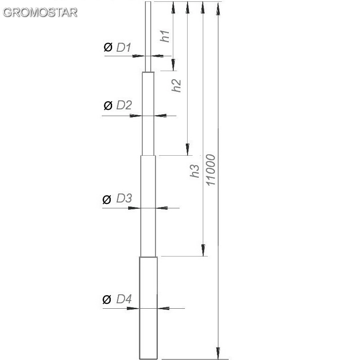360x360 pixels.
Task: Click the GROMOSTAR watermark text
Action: click(40, 13)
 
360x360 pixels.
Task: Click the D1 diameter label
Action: click(124, 47)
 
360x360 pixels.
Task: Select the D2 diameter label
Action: click(124, 105)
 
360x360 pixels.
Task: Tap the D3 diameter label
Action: click(124, 198)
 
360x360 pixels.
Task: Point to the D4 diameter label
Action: click(124, 299)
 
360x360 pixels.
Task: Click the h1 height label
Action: click(165, 36)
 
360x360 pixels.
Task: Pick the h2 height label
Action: click(176, 85)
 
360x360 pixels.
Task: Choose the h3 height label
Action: click(195, 171)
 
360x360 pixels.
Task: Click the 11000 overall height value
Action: click(211, 170)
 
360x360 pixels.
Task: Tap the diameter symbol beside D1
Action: click(108, 47)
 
